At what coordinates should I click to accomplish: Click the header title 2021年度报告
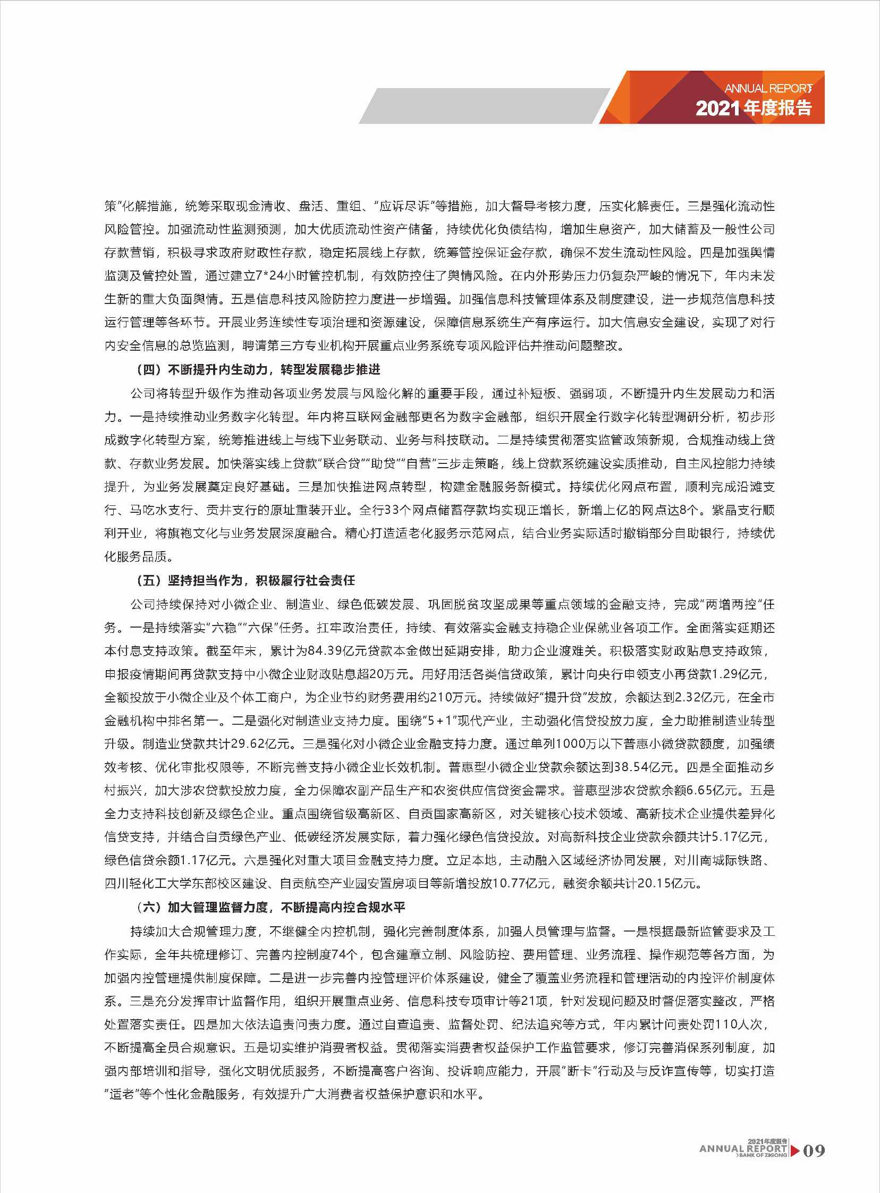tap(754, 108)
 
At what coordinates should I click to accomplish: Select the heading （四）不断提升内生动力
tap(258, 370)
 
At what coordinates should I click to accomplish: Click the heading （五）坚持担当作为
tap(245, 580)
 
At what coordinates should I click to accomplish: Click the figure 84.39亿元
tap(337, 651)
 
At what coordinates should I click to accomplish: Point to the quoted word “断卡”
tap(580, 1070)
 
